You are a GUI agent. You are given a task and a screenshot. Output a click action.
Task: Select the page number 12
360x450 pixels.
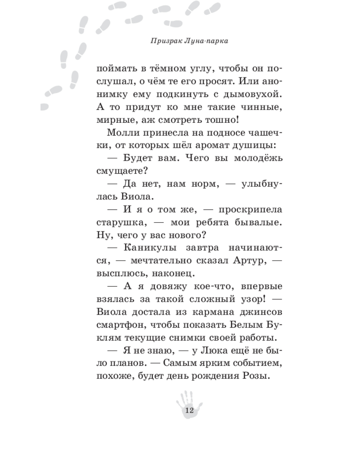click(189, 410)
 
